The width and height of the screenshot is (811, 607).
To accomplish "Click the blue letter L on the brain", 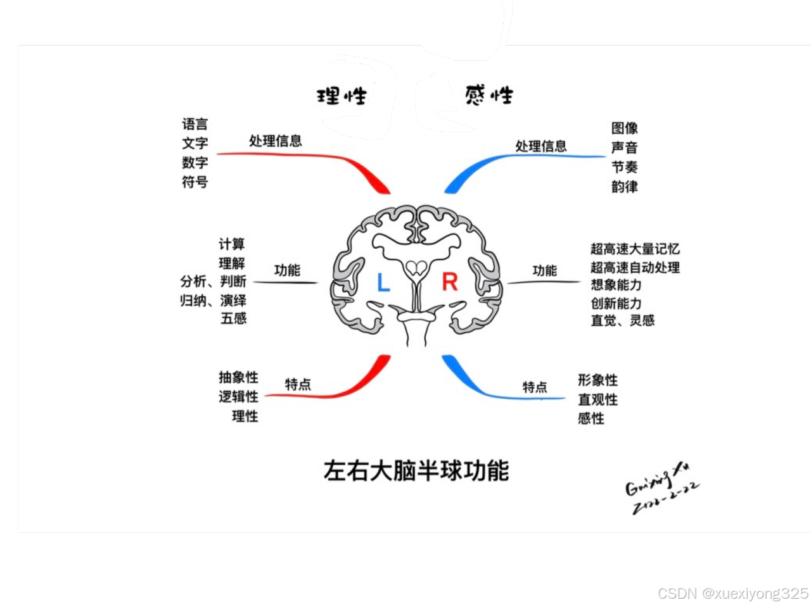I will click(x=383, y=282).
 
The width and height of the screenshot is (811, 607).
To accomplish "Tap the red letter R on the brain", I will click(x=450, y=282).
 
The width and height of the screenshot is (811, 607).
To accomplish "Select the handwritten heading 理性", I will click(x=342, y=96).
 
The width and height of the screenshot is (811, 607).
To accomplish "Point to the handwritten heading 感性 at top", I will click(x=489, y=96).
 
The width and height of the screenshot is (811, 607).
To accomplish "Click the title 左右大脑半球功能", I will click(x=416, y=470).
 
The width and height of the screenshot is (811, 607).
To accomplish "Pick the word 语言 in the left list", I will click(x=195, y=124).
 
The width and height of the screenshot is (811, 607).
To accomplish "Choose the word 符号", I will click(x=195, y=182).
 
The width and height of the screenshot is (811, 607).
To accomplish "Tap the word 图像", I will click(x=625, y=128).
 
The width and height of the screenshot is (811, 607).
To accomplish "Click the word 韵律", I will click(x=625, y=187).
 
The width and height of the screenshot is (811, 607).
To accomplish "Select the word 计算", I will click(x=232, y=244).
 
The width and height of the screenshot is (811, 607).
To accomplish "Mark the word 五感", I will click(x=233, y=318).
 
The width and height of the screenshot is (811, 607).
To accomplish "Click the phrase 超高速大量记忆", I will click(x=635, y=249).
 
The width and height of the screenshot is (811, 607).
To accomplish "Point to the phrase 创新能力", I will click(x=616, y=303).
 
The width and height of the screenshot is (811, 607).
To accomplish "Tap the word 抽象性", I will click(x=239, y=378).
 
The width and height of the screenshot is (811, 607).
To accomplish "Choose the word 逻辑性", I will click(x=239, y=397).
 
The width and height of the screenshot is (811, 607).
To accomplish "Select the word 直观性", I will click(x=597, y=399).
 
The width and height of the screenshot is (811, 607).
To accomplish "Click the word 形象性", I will click(x=597, y=380).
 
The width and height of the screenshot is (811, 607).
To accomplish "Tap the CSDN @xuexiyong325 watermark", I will click(x=733, y=594).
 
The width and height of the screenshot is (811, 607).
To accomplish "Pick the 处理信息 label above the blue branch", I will click(x=540, y=146).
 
